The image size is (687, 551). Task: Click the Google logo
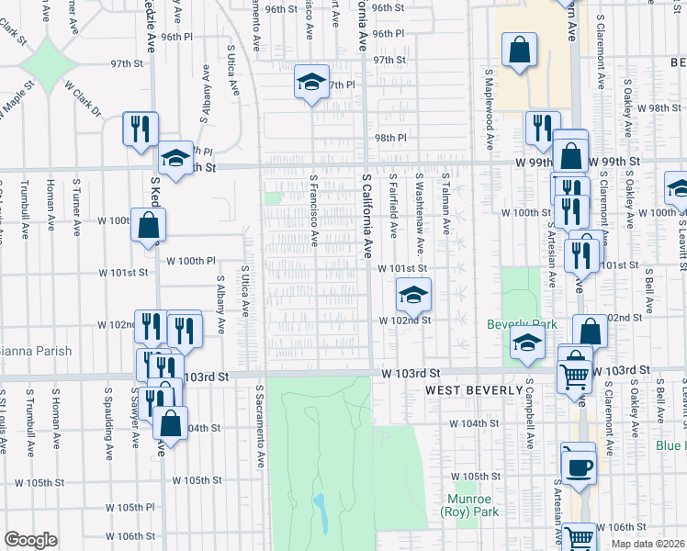pos(30,540)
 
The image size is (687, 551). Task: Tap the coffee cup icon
pos(579,466)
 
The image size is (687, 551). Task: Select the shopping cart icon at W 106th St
pos(579,537)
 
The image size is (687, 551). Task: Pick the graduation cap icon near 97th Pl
pos(311,82)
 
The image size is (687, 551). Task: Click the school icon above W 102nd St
pos(413,295)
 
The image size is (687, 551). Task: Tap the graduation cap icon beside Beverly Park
pos(527,343)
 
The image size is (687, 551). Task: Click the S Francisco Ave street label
pos(314,212)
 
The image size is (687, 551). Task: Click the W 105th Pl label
pos(130,507)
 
